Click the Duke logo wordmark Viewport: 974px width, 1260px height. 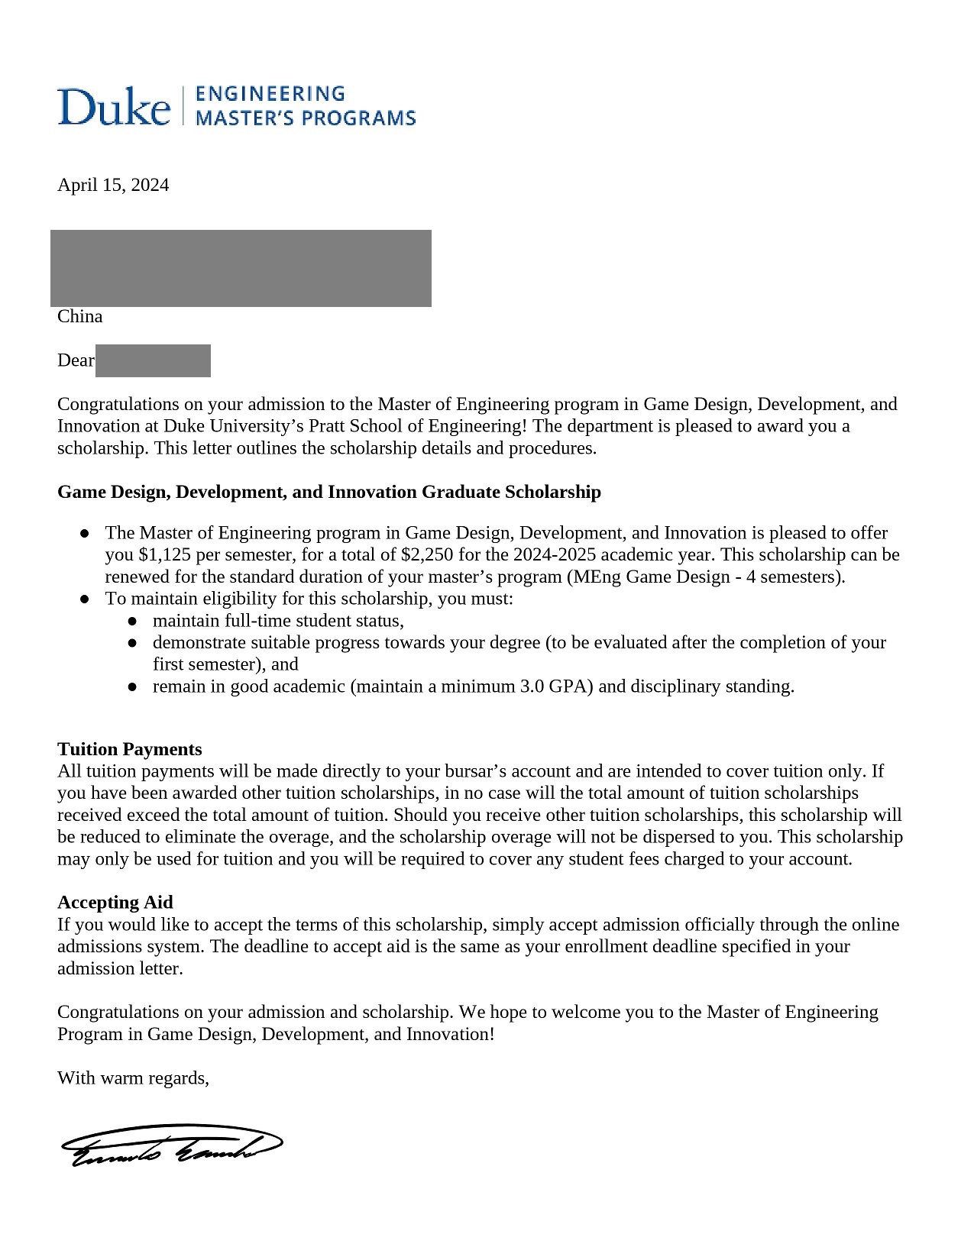[114, 106]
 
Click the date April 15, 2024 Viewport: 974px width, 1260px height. [113, 185]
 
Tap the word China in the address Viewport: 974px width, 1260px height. [79, 316]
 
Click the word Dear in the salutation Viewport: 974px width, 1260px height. [76, 360]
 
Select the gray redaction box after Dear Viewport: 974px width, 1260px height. [153, 360]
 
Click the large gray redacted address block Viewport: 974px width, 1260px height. [241, 268]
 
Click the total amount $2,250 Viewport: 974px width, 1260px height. [427, 554]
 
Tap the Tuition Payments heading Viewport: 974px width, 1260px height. [130, 749]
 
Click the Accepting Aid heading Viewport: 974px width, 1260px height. [115, 903]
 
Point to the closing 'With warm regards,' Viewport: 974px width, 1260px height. [133, 1078]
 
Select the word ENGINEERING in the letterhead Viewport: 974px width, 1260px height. [270, 94]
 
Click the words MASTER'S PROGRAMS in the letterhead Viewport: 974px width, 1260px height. [306, 118]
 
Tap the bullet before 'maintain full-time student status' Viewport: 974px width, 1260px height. [132, 621]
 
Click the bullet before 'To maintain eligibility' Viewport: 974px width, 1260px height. [85, 599]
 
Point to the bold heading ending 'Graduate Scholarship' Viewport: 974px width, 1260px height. [329, 492]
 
